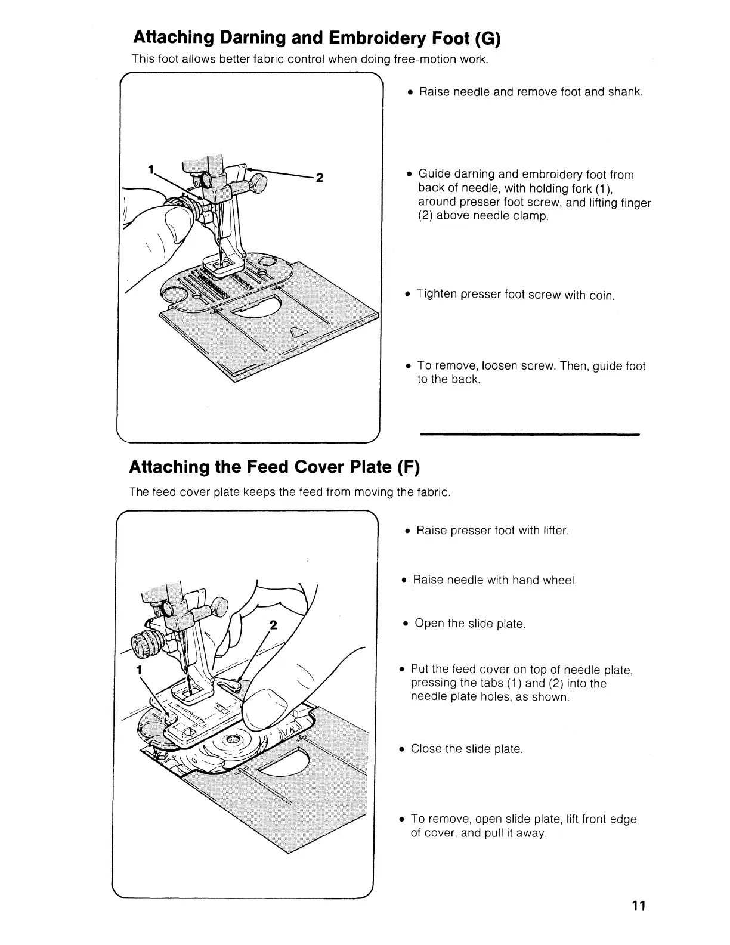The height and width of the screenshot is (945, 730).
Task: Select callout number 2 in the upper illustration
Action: pos(320,177)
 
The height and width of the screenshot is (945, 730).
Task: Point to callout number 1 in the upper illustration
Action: pos(151,169)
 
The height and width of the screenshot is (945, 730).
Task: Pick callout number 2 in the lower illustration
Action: pos(274,625)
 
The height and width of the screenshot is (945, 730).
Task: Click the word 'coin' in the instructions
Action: pos(601,296)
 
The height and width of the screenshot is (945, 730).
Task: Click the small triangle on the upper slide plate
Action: pos(297,333)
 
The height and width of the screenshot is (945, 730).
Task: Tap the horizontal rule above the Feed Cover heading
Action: pos(530,435)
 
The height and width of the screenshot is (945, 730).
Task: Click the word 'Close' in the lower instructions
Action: pos(425,749)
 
